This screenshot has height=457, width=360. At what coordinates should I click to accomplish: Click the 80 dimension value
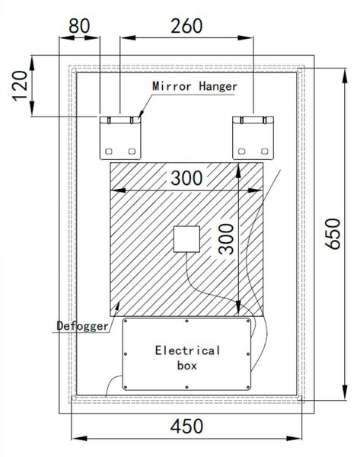pos(79,26)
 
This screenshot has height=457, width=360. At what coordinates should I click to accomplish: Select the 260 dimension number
pos(186,26)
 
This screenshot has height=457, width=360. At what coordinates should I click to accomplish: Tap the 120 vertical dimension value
pos(21,85)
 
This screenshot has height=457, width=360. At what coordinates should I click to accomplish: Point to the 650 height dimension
pos(333,234)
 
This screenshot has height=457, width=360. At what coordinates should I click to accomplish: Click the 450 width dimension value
pos(186,426)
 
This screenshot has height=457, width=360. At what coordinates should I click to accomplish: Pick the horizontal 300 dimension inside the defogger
pos(186,178)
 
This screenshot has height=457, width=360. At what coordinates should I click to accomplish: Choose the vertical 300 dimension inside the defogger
pos(227,239)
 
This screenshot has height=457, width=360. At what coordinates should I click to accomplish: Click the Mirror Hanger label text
pos(195,86)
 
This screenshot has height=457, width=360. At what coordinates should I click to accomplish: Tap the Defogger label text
pos(82,326)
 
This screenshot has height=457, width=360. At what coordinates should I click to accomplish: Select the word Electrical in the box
pos(187,350)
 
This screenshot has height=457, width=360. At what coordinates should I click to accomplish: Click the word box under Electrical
pos(187,366)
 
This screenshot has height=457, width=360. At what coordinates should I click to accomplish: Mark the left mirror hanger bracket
pos(120,138)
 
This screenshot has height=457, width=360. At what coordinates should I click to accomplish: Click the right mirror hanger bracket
pos(253,138)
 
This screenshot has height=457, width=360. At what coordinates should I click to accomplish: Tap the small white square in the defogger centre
pos(186,239)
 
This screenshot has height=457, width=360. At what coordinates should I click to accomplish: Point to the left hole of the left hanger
pos(109,152)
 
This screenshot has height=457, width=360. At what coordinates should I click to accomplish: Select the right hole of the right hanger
pos(264,152)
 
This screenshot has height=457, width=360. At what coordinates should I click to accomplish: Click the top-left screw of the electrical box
pos(126,321)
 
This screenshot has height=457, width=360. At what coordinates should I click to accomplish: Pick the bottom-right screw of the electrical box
pos(248,388)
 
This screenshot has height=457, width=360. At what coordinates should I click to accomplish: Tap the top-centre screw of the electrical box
pos(186,321)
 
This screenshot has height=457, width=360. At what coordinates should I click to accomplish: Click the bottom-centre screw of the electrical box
pos(186,388)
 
